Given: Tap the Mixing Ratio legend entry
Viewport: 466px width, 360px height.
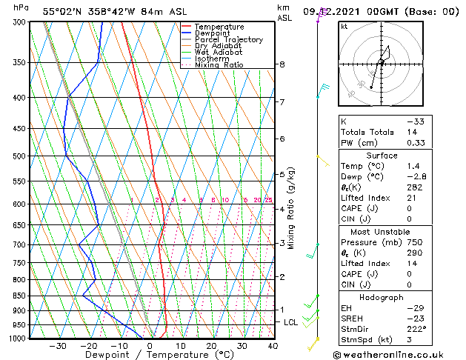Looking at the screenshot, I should point(219,65).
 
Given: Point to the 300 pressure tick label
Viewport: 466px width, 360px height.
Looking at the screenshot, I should point(21,22).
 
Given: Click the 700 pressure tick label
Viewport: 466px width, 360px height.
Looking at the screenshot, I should point(21,244).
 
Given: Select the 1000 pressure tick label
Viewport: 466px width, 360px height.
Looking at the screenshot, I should point(19,339).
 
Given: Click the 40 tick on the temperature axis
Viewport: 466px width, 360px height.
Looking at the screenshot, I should point(273,346).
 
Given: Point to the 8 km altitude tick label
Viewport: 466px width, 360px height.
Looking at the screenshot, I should point(282,64).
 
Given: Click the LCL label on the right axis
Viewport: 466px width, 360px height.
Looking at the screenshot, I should point(290,322).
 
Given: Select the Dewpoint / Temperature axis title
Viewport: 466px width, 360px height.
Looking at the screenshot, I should point(150,356).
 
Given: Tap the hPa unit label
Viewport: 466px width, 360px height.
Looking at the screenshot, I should point(21,7).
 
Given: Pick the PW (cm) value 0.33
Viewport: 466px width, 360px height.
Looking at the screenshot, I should point(416,143).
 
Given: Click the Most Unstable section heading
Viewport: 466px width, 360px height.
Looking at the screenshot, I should point(376,231).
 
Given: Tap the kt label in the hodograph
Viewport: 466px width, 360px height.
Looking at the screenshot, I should point(344,27).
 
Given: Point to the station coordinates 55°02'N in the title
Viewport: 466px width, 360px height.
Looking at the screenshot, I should point(62,11).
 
